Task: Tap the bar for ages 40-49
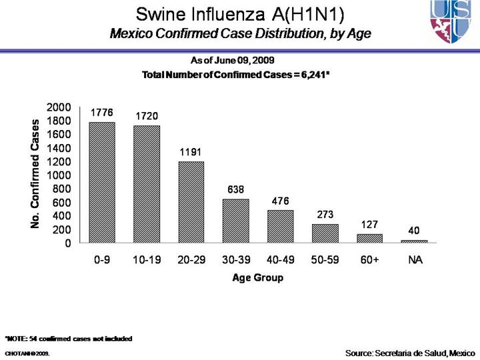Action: pyautogui.click(x=281, y=227)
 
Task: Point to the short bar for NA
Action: pyautogui.click(x=415, y=241)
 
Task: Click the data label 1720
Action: pyautogui.click(x=147, y=116)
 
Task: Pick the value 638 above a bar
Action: pyautogui.click(x=236, y=189)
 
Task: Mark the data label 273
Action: pyautogui.click(x=325, y=214)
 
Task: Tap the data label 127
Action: pyautogui.click(x=370, y=224)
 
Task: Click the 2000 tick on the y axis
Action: pyautogui.click(x=58, y=107)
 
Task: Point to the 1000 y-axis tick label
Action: pyautogui.click(x=58, y=175)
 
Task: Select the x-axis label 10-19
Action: pyautogui.click(x=147, y=260)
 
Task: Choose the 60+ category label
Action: pyautogui.click(x=370, y=260)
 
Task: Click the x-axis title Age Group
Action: pyautogui.click(x=257, y=277)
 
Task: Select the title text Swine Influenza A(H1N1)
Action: pyautogui.click(x=240, y=14)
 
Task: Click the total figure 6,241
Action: pyautogui.click(x=311, y=74)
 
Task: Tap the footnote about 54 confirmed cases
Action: pyautogui.click(x=69, y=339)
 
